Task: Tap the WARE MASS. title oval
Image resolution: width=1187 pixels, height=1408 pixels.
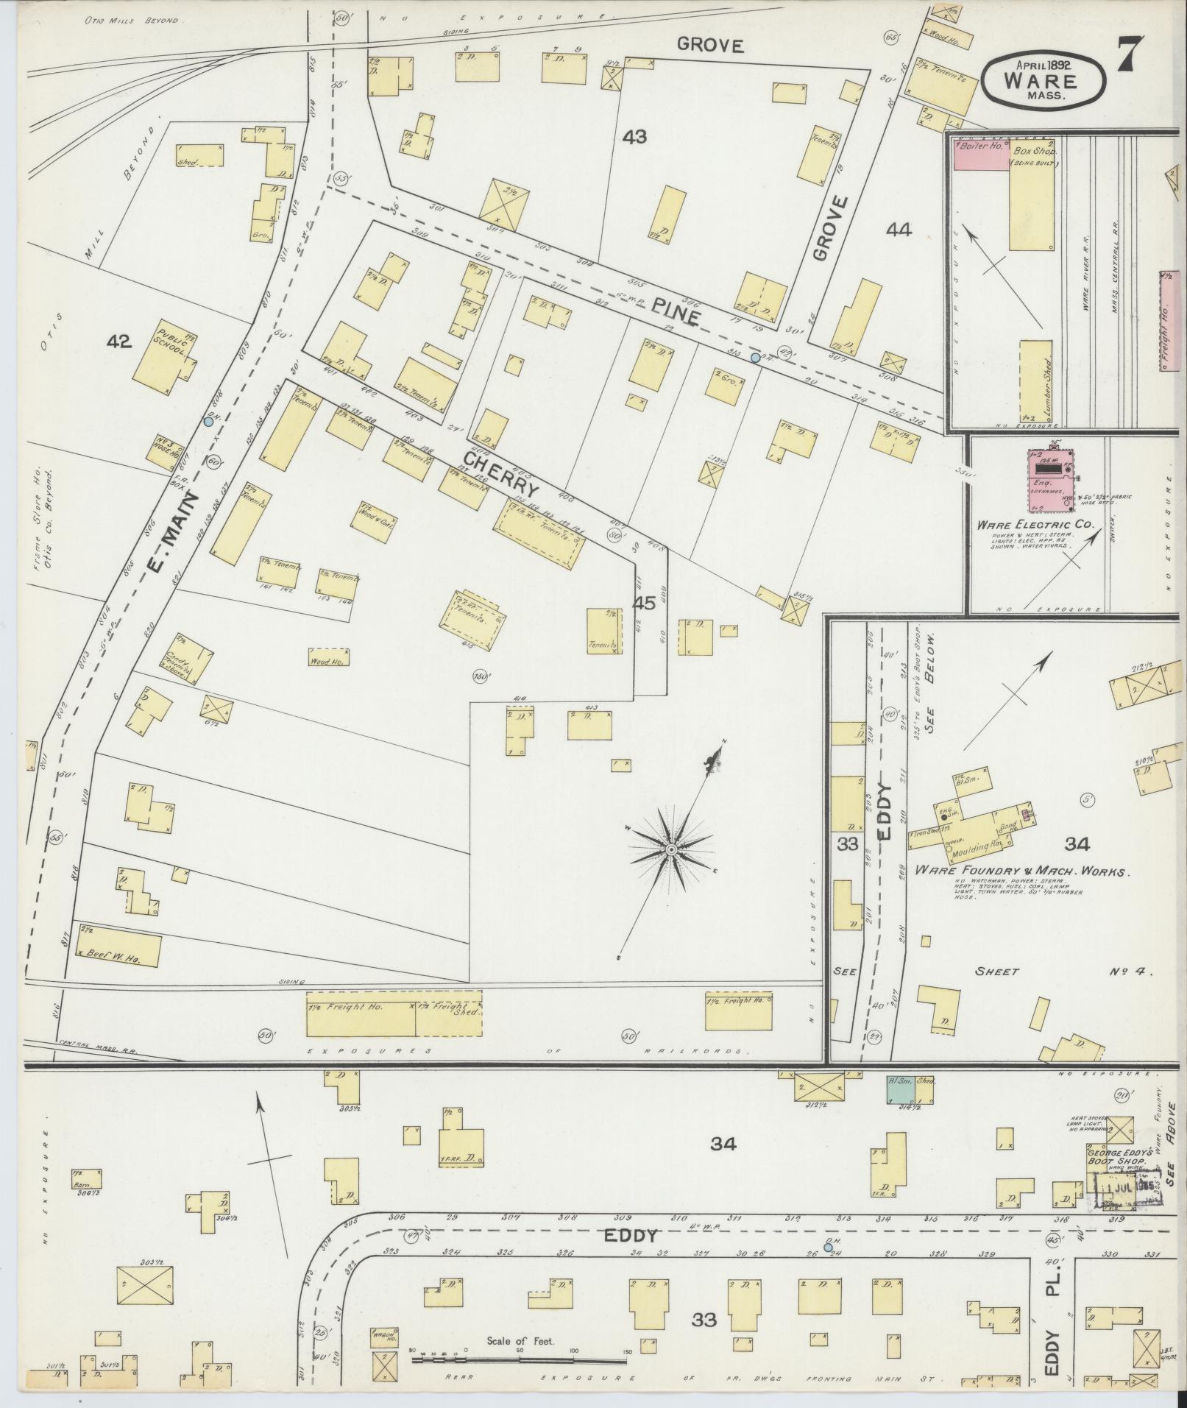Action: pyautogui.click(x=1044, y=81)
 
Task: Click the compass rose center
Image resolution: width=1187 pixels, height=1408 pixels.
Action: pyautogui.click(x=671, y=849)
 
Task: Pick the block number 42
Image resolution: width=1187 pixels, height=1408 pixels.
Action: pyautogui.click(x=118, y=342)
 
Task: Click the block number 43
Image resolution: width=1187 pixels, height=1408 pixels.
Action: pyautogui.click(x=634, y=137)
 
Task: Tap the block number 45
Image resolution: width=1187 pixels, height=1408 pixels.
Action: pyautogui.click(x=644, y=604)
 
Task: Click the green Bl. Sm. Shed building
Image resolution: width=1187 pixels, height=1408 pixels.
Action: pyautogui.click(x=900, y=1089)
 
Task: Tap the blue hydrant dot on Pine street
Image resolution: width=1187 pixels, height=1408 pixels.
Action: pyautogui.click(x=755, y=358)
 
